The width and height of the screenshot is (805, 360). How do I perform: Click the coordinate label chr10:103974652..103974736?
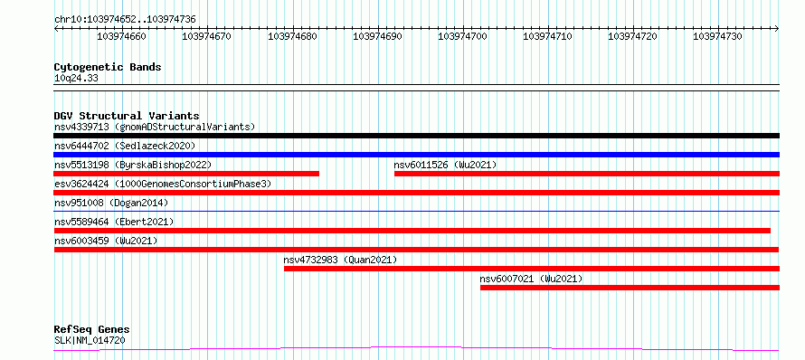125,20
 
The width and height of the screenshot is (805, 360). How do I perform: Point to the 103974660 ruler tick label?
121,36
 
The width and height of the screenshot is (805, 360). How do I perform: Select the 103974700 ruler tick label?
462,36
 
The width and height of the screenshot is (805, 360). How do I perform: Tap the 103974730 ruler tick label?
717,36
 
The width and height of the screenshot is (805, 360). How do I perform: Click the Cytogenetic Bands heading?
108,67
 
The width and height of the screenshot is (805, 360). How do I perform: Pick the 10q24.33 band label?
76,79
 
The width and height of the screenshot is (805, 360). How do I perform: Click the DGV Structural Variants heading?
127,116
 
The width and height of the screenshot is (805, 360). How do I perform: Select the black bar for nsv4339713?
416,136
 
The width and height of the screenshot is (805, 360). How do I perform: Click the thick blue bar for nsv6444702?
416,155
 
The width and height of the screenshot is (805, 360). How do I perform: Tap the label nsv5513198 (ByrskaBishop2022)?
133,165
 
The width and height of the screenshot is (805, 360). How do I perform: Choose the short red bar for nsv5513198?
186,174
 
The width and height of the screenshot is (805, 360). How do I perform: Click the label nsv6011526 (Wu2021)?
445,165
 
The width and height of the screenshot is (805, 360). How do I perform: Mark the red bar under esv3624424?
416,193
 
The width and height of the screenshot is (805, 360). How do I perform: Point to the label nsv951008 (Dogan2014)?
111,203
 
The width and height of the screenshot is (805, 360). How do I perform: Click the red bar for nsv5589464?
412,231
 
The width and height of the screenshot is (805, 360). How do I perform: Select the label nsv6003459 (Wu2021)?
106,241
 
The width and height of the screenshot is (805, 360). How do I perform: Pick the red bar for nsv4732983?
532,269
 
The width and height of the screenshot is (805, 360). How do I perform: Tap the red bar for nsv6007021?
630,288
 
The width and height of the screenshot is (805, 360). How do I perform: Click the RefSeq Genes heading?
92,330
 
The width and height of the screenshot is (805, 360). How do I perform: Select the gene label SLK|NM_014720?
90,340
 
